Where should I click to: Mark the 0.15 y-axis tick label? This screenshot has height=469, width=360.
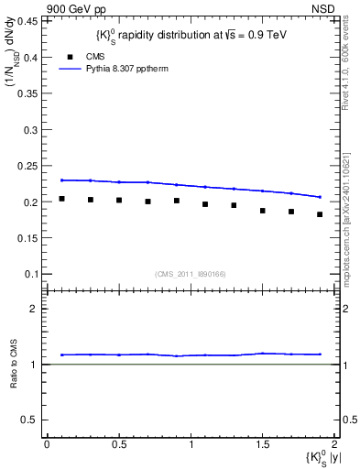[x=28, y=238]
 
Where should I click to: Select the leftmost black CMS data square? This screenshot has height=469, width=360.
[x=61, y=198]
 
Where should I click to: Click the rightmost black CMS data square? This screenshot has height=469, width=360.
[x=320, y=214]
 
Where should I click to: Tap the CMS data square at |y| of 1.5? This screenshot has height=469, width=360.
[x=262, y=211]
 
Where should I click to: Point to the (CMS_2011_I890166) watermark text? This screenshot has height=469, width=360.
[x=190, y=273]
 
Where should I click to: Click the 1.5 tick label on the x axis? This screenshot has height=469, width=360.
[x=262, y=444]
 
